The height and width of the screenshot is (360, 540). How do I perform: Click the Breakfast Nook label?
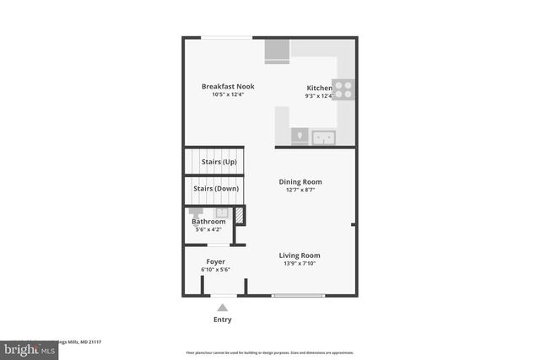[x=228, y=86]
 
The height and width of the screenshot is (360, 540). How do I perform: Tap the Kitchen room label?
[x=319, y=88]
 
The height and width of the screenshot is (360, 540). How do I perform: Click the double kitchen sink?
[x=323, y=137]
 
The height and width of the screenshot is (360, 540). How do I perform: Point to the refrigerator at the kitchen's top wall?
[x=277, y=51]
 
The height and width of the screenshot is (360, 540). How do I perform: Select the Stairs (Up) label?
[x=219, y=161]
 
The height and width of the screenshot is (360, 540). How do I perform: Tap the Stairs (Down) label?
[x=216, y=188]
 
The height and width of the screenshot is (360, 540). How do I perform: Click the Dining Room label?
[x=300, y=181]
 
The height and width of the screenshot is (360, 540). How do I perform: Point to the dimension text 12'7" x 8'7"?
[x=300, y=191]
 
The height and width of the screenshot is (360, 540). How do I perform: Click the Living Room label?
[x=300, y=255]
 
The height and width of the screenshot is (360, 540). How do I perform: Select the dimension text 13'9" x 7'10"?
[x=300, y=264]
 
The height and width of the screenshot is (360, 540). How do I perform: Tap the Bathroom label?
[x=208, y=221]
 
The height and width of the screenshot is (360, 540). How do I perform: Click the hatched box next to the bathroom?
[x=239, y=215]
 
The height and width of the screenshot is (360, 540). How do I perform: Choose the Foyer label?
[x=215, y=261]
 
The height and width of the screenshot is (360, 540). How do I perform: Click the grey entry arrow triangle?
[x=223, y=308]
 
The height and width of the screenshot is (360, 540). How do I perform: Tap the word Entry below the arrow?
[x=223, y=320]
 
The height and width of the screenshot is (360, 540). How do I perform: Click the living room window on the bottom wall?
[x=298, y=295]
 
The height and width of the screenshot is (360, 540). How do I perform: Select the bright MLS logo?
[x=25, y=347]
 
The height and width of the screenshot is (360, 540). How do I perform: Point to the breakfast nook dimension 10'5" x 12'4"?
[x=228, y=94]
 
